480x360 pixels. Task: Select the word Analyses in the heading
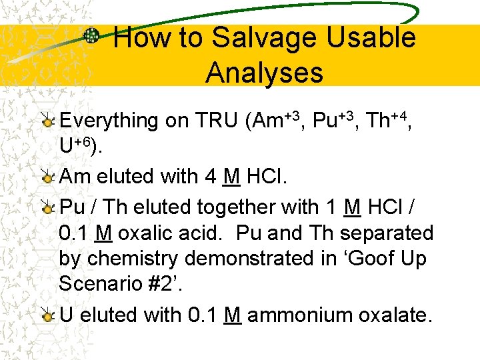click(x=264, y=73)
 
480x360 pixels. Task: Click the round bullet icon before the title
click(x=93, y=36)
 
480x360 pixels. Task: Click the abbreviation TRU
click(x=217, y=121)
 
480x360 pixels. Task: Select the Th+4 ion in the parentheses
click(x=387, y=120)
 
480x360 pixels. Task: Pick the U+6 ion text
click(x=78, y=147)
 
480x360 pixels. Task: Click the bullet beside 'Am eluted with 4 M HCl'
click(x=47, y=177)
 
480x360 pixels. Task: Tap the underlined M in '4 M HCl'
click(x=231, y=177)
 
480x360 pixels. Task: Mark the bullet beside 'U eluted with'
click(x=47, y=315)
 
